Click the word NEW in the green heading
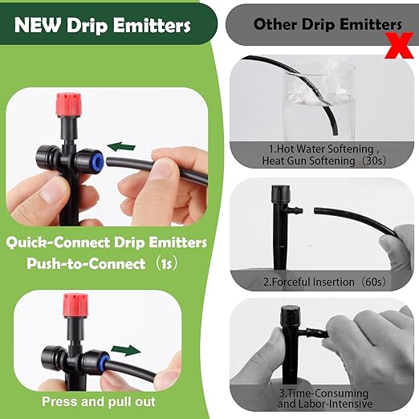coord(37,24)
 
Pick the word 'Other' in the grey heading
coord(275,23)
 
